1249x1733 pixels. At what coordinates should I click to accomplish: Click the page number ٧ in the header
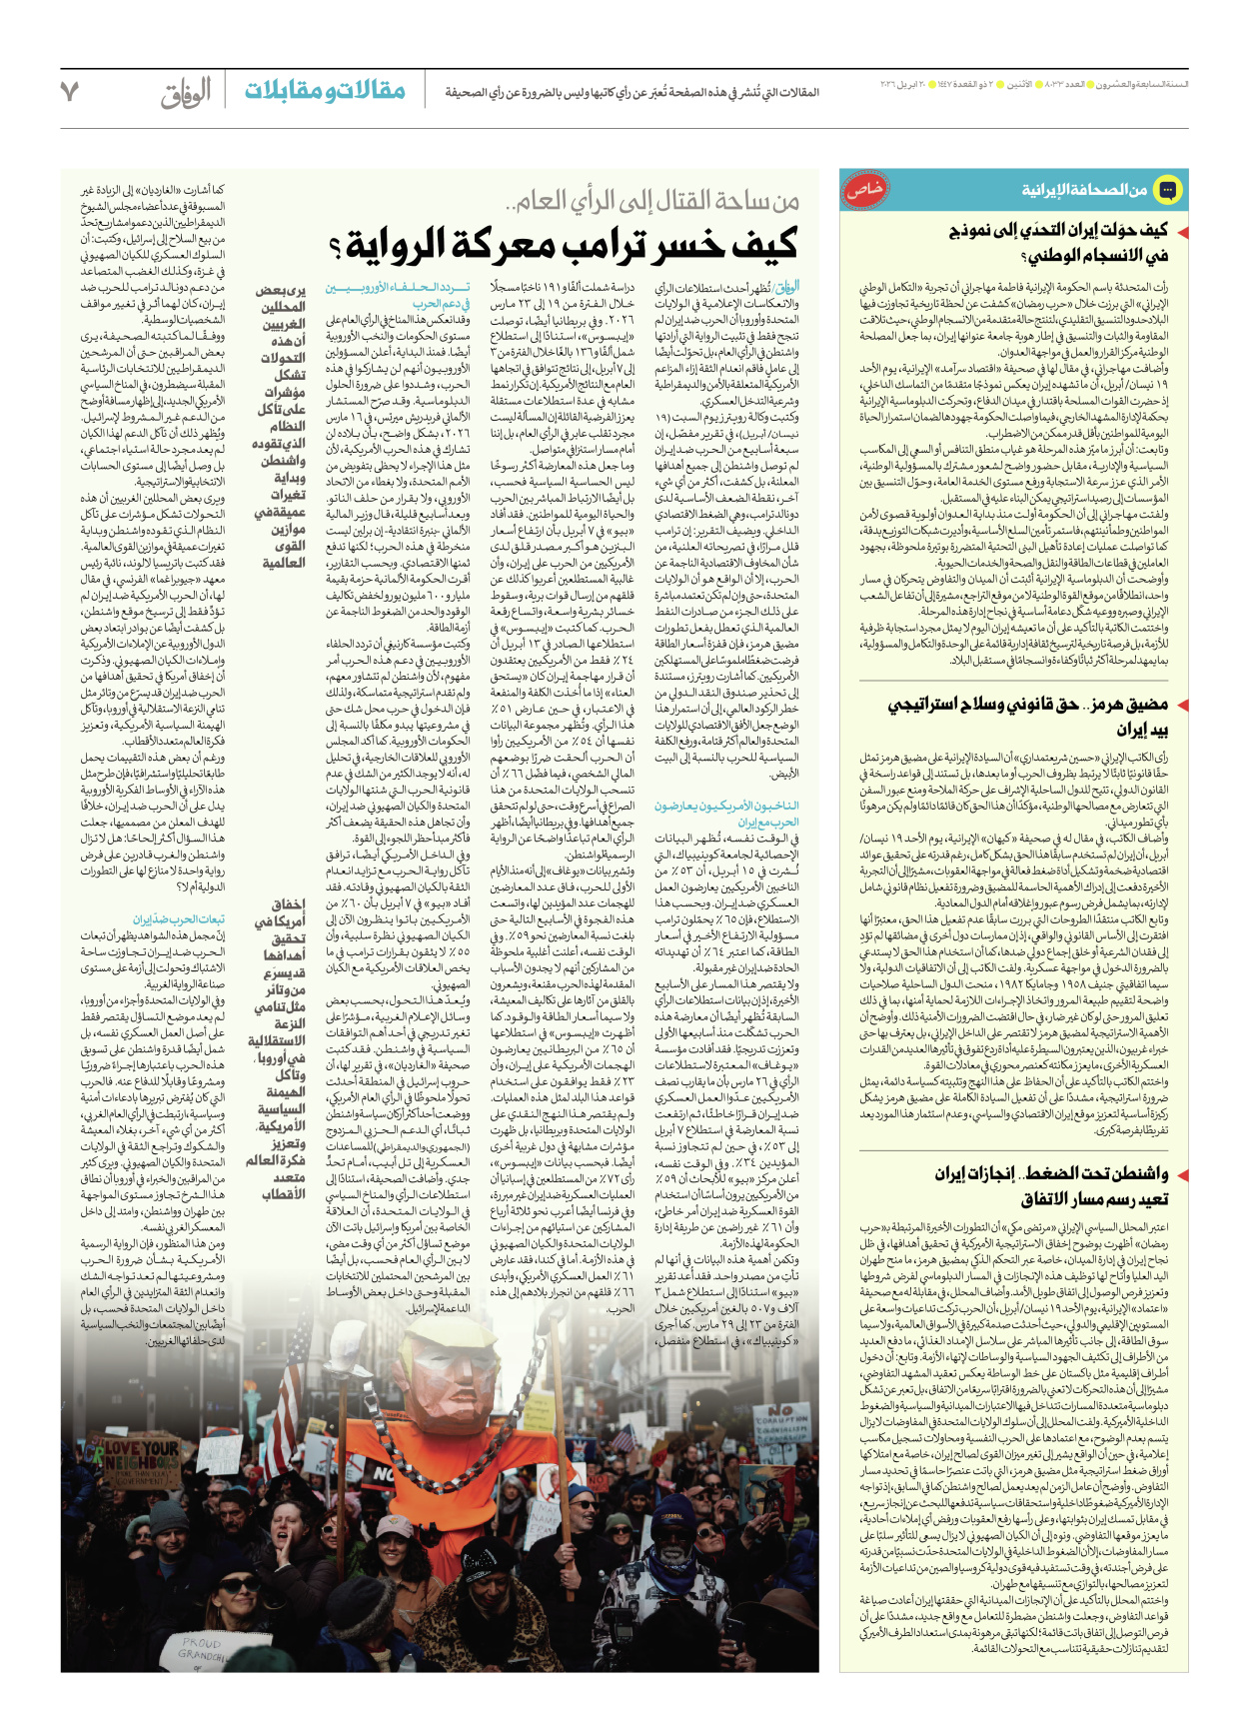pos(69,91)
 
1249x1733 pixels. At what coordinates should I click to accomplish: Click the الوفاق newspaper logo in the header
pos(186,92)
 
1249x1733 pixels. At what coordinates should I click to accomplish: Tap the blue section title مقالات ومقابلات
pos(325,91)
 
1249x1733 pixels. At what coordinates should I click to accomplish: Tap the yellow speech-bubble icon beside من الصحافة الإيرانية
pos(1167,190)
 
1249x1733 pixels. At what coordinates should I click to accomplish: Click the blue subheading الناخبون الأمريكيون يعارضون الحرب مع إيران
pos(726,814)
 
